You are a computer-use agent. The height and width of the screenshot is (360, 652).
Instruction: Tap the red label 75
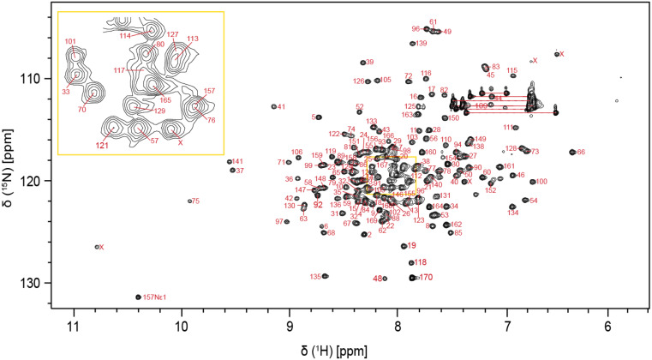click(195, 201)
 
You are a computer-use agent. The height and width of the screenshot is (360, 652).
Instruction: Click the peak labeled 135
click(325, 276)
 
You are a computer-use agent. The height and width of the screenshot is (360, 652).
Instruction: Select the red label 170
click(426, 278)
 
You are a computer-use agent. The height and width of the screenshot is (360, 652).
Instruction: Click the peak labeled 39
click(362, 63)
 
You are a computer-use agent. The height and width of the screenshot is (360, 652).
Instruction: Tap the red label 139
click(422, 43)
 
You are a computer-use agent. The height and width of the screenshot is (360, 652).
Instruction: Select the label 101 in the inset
click(70, 41)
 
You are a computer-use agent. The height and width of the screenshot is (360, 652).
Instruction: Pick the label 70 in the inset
click(82, 110)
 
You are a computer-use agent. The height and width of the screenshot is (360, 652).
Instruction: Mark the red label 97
click(279, 222)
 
